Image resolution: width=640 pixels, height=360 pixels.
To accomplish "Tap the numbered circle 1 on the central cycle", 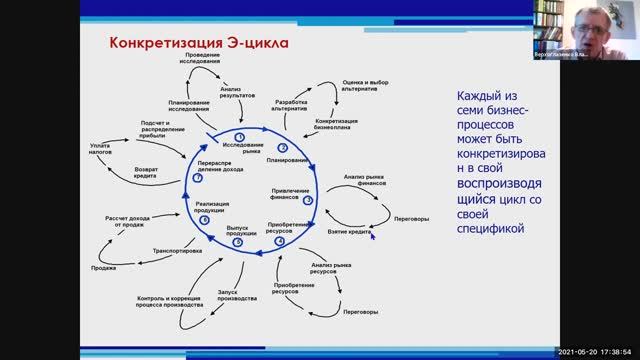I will point(239,134).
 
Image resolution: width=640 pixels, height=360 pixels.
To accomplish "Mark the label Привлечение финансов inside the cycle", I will point(290,194).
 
